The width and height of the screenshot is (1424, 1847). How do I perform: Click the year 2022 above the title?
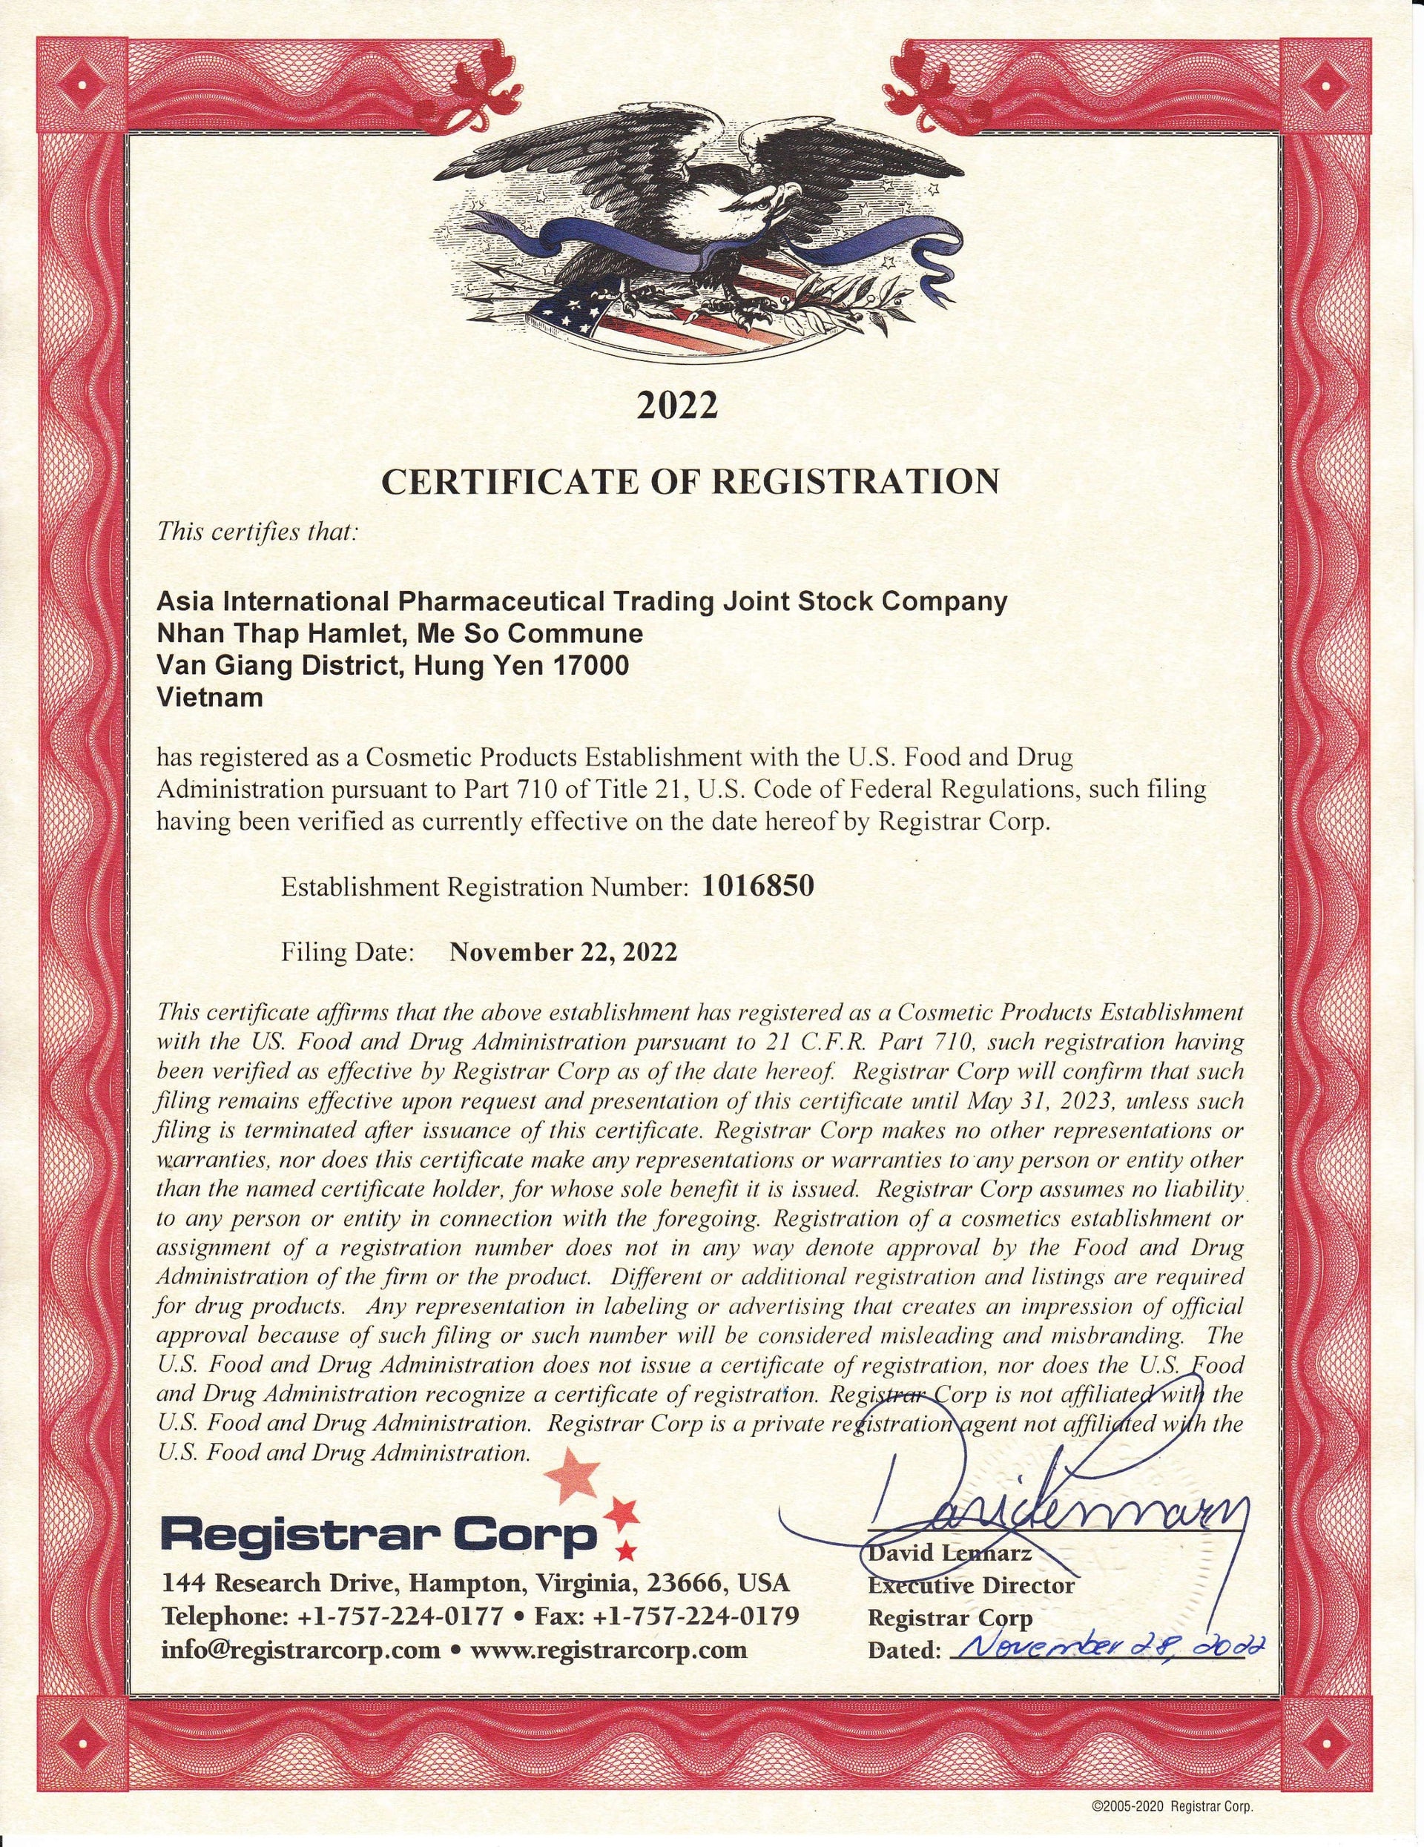tap(677, 405)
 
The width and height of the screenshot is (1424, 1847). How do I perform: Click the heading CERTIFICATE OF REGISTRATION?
tap(690, 482)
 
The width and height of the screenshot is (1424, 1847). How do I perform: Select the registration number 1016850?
tap(758, 885)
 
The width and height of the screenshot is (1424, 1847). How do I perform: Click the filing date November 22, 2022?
tap(564, 952)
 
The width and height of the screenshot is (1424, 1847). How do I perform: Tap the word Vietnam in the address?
tap(210, 698)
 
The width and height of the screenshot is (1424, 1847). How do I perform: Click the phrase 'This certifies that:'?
tap(258, 533)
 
